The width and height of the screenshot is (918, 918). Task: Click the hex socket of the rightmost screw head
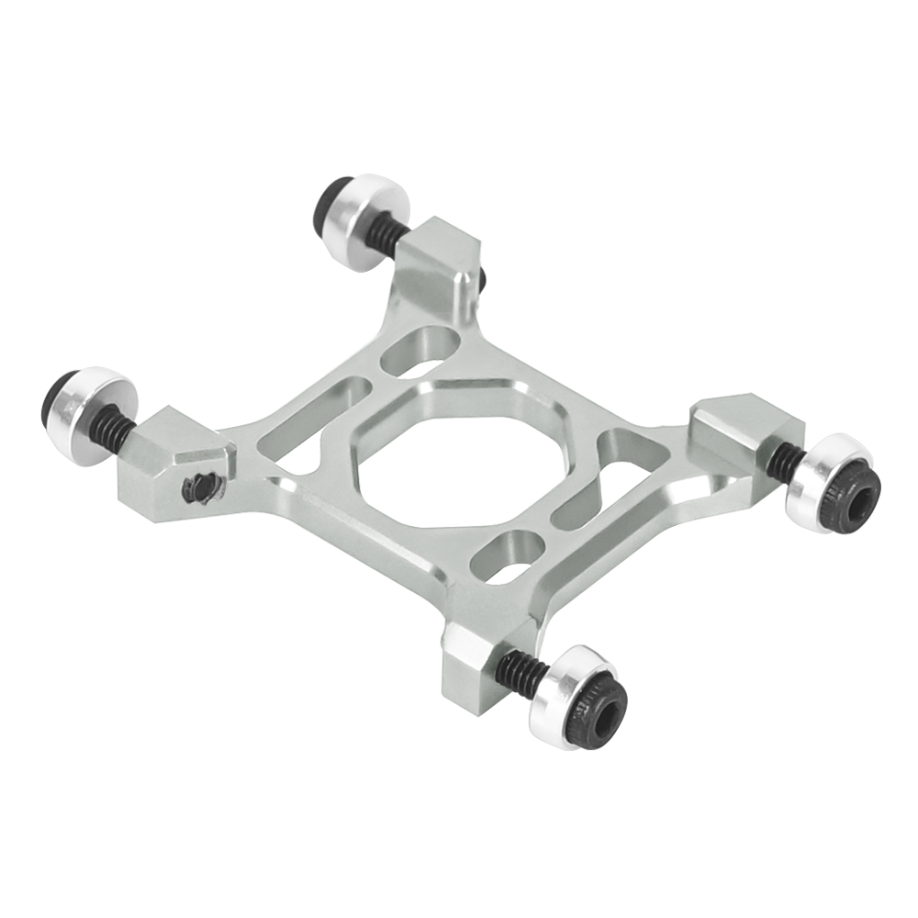click(857, 496)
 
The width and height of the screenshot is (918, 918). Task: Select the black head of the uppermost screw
click(331, 197)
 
